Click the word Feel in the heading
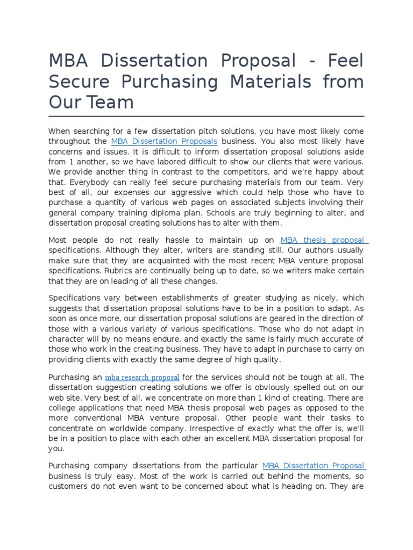342,61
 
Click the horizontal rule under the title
206,116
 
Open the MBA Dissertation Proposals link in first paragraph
164,141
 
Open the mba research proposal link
142,377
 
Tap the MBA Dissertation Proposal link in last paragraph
313,466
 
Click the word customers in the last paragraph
69,486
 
